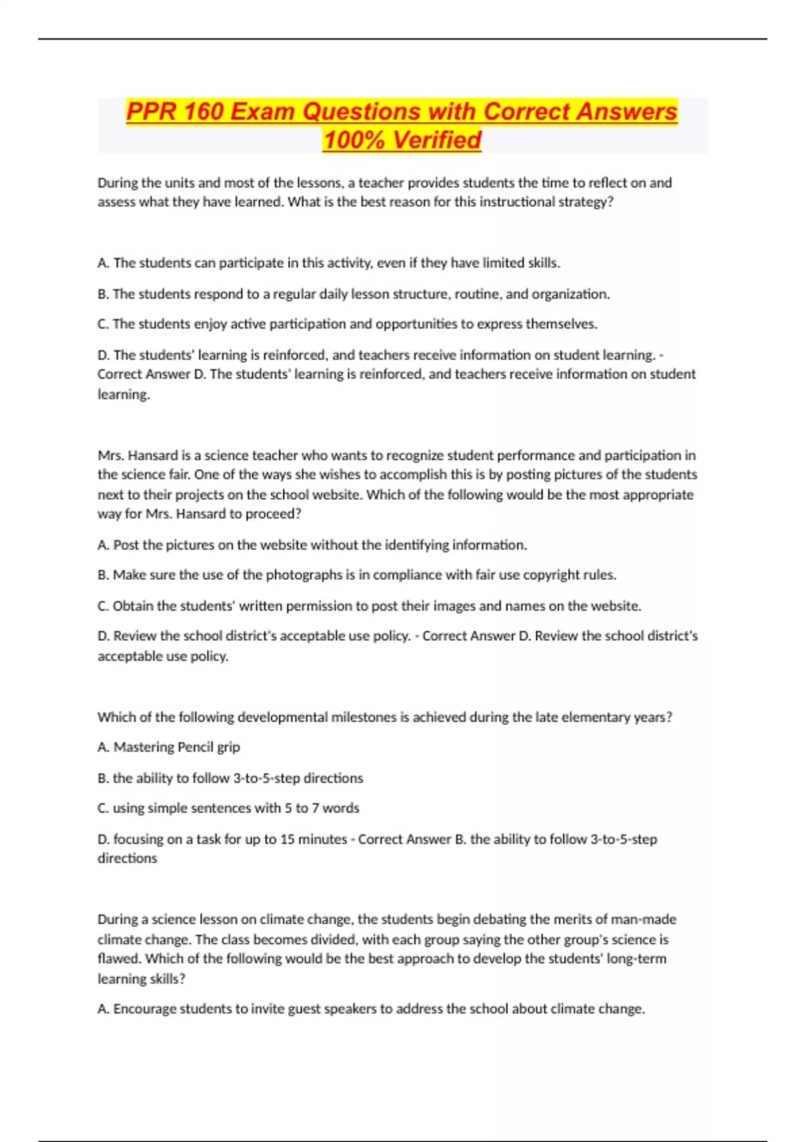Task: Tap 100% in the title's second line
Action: pos(354,140)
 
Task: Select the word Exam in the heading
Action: pos(263,111)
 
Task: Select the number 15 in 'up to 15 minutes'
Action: pos(287,839)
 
